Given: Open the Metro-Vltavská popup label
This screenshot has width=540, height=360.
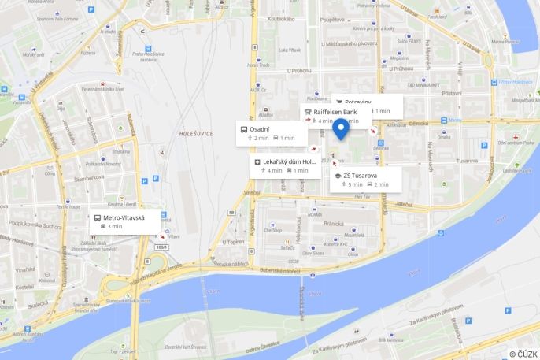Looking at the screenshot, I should pos(124,217).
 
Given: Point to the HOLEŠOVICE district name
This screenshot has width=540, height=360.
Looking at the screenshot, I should pos(196,134).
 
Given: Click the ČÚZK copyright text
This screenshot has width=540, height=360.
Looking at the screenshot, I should pos(523,354).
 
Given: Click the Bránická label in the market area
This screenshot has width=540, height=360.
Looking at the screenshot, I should pos(336,223).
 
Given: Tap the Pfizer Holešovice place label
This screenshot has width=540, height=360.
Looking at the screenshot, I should pos(516,82).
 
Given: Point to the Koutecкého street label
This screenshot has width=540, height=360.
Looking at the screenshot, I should pos(280,19).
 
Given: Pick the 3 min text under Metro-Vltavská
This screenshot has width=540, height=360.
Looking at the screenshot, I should pos(115,227).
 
